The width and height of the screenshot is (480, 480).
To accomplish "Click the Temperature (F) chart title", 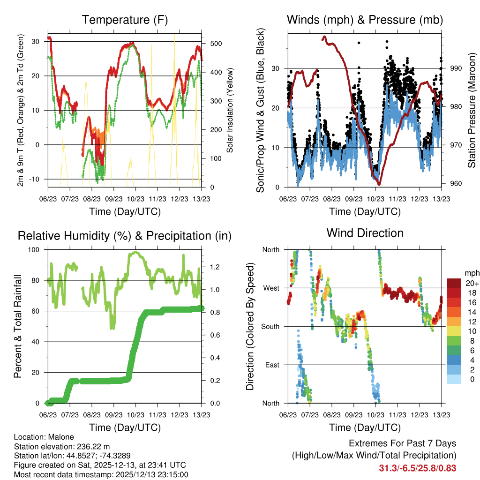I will click(x=124, y=20).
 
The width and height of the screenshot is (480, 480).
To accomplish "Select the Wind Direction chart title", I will click(x=365, y=232).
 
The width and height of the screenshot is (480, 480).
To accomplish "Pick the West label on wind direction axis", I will click(x=270, y=288).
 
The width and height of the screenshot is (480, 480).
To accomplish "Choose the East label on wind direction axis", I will click(x=271, y=365).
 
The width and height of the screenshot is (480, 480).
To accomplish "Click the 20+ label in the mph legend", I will click(x=471, y=283).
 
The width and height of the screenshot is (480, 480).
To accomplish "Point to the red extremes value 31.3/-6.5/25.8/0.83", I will click(x=417, y=468).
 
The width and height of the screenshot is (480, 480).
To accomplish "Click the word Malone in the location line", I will click(x=60, y=437).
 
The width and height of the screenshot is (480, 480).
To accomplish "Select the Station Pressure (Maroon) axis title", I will click(x=472, y=110).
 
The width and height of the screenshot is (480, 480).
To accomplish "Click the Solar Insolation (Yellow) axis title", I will click(x=230, y=110).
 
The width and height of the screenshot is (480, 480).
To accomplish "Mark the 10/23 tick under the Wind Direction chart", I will click(x=375, y=415).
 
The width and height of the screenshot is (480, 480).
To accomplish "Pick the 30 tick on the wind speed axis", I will click(x=276, y=68).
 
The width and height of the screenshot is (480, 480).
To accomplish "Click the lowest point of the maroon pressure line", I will click(x=379, y=184).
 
